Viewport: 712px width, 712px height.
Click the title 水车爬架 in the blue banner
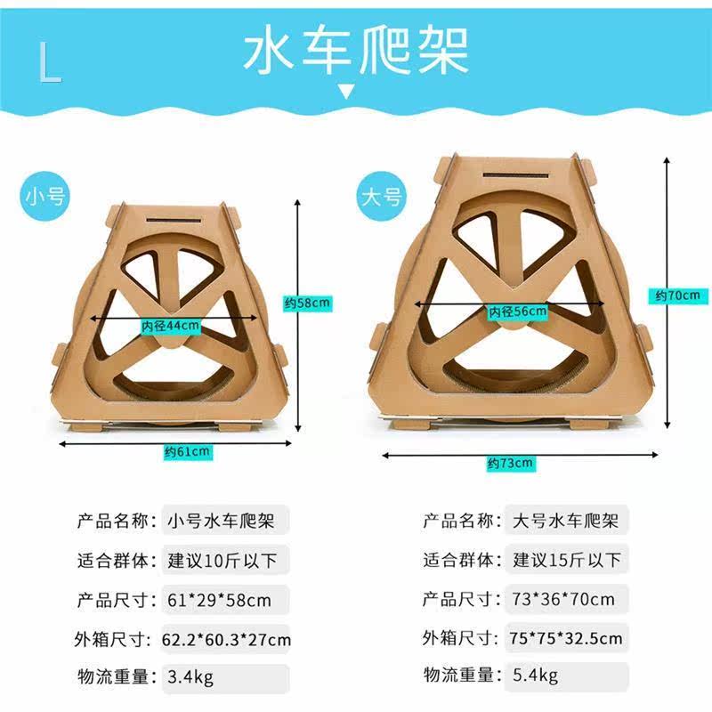pos(355,51)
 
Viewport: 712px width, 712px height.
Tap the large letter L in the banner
pos(50,62)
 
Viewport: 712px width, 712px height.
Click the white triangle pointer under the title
pos(346,92)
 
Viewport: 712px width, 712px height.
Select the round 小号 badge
pos(45,197)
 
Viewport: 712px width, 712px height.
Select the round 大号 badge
pos(381,196)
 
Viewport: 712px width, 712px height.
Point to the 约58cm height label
pos(307,303)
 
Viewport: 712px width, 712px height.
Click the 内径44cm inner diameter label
pos(170,326)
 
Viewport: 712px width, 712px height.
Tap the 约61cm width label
pos(188,452)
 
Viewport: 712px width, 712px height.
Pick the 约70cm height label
pos(678,295)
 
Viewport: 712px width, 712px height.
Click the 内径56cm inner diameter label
pos(518,311)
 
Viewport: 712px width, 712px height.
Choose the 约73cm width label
pos(510,463)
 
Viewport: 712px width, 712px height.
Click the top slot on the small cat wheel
pos(174,221)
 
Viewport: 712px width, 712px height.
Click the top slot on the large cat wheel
pos(515,174)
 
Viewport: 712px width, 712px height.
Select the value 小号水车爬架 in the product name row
pos(221,521)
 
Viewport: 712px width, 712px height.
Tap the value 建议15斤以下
pos(567,560)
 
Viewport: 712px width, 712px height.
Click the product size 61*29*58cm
pos(219,600)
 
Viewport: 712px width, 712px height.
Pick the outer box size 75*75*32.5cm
pos(565,638)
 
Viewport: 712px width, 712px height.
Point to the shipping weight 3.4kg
pos(190,677)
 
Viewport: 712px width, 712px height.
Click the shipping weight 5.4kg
pos(536,676)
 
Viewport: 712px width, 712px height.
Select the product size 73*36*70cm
pos(563,599)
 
